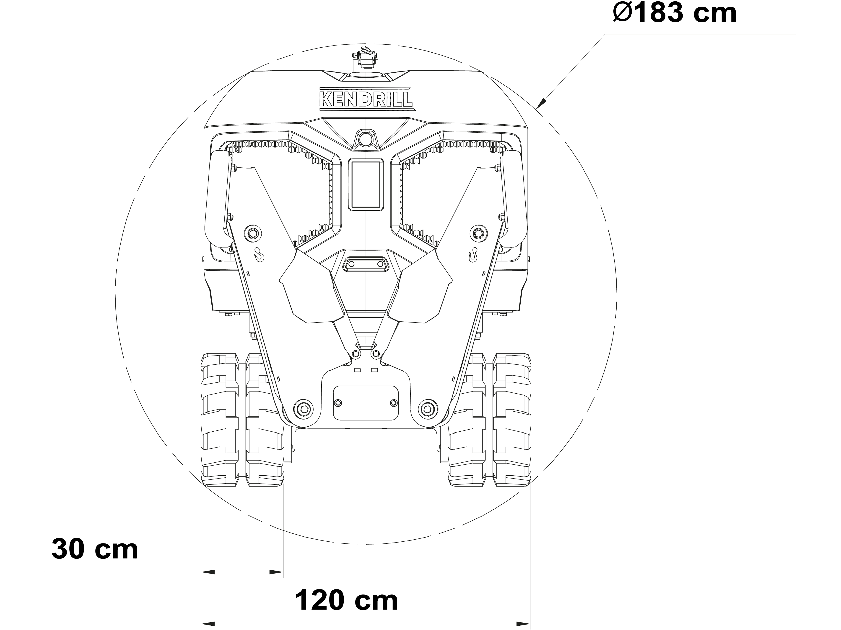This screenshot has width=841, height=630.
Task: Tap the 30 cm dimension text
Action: click(x=95, y=549)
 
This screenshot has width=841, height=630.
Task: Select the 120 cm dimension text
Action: click(x=346, y=600)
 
